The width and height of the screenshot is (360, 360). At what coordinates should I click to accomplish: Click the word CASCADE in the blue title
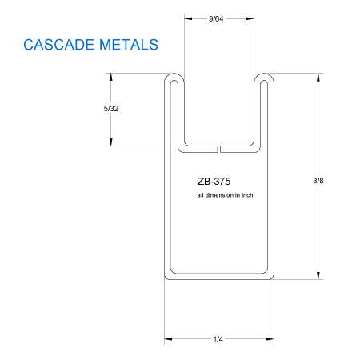coord(59,45)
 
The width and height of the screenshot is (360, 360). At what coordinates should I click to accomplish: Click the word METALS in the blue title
coord(129,45)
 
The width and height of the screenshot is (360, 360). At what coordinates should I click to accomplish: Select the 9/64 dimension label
coord(216,18)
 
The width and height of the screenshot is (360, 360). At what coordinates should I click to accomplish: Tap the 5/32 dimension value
coord(111,109)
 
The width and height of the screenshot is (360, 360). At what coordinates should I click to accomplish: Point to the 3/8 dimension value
coord(318,181)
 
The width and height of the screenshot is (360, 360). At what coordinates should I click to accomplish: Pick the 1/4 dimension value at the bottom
coord(218,339)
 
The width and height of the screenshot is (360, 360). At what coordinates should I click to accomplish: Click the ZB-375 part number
coord(214,182)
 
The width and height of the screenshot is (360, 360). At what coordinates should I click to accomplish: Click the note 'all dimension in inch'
coord(225,195)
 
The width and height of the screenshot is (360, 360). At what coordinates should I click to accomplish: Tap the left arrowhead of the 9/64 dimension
coord(188,18)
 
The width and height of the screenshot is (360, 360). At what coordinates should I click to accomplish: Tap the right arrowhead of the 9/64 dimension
coord(250,18)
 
